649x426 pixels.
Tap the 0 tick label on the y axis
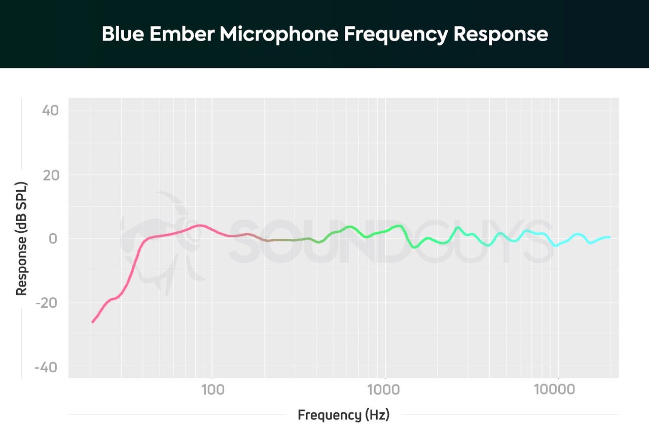pyautogui.click(x=53, y=238)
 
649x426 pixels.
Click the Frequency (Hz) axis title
pyautogui.click(x=343, y=415)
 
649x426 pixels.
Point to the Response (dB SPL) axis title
pyautogui.click(x=21, y=238)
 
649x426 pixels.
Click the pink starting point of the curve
pyautogui.click(x=92, y=322)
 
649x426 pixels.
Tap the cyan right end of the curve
pyautogui.click(x=609, y=237)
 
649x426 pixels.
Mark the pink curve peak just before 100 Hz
pyautogui.click(x=200, y=225)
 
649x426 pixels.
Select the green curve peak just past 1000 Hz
pyautogui.click(x=400, y=226)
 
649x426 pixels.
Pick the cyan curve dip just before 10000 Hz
pyautogui.click(x=556, y=245)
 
